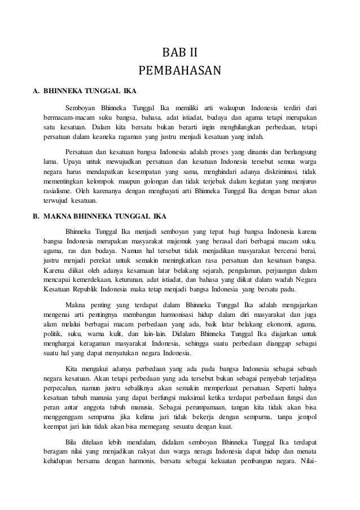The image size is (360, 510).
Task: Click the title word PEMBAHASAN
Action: tap(180, 72)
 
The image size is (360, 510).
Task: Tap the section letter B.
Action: tap(35, 216)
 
